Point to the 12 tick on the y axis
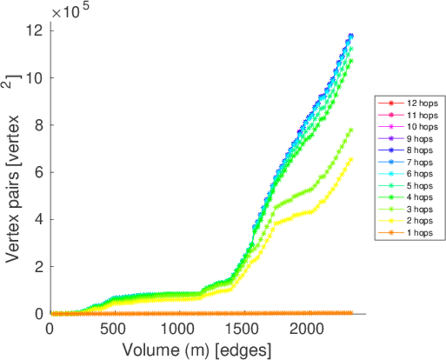pos(35,31)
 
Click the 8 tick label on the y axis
pos(38,125)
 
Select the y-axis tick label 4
pos(38,220)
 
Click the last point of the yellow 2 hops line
pos(351,159)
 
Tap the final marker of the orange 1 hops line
pos(351,313)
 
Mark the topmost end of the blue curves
pos(351,36)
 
